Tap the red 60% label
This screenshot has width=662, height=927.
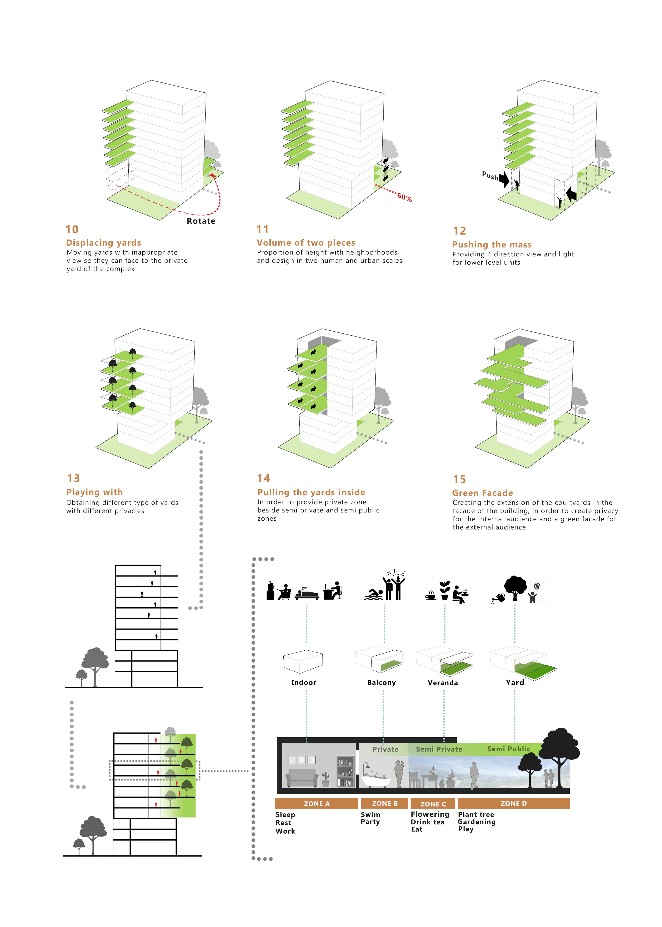click(404, 197)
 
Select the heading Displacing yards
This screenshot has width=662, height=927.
click(104, 243)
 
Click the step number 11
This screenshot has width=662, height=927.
click(263, 230)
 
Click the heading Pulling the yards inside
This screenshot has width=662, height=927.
click(311, 492)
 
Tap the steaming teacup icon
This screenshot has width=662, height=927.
click(430, 596)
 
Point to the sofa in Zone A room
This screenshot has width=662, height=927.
click(302, 778)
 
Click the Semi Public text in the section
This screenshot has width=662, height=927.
click(508, 749)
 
